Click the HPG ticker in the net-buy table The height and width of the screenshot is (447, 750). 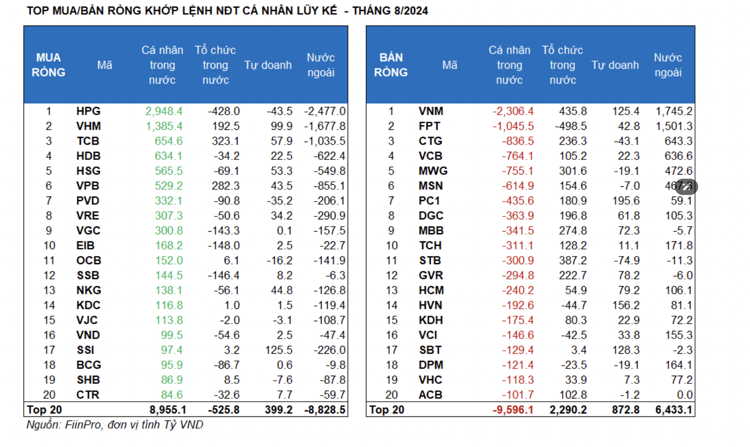pos(89,111)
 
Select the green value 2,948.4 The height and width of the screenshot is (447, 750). pos(164,111)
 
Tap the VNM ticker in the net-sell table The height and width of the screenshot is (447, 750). pos(431,111)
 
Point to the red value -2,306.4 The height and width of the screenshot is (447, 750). pos(513,111)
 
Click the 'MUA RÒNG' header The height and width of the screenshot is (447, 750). pos(48,65)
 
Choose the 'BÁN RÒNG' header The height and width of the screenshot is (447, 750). pos(391,65)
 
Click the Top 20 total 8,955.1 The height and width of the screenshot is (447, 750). pos(168,410)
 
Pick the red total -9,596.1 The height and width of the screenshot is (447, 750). pos(513,410)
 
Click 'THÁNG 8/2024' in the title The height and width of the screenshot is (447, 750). pos(390,11)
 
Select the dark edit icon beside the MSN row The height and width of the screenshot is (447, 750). pos(686,186)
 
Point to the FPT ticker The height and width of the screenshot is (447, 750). pos(429,126)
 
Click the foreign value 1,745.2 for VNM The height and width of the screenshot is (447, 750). pos(674,111)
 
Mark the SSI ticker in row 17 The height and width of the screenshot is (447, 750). pos(85,350)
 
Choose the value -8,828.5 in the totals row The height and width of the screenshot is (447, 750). pos(325,410)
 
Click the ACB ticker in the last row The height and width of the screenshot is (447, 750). pos(430,395)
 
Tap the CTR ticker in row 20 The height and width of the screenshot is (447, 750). pos(88,395)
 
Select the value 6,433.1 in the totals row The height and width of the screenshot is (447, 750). pos(674,410)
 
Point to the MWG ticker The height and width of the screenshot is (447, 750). pos(433,171)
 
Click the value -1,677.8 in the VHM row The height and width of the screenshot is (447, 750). pos(325,126)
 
